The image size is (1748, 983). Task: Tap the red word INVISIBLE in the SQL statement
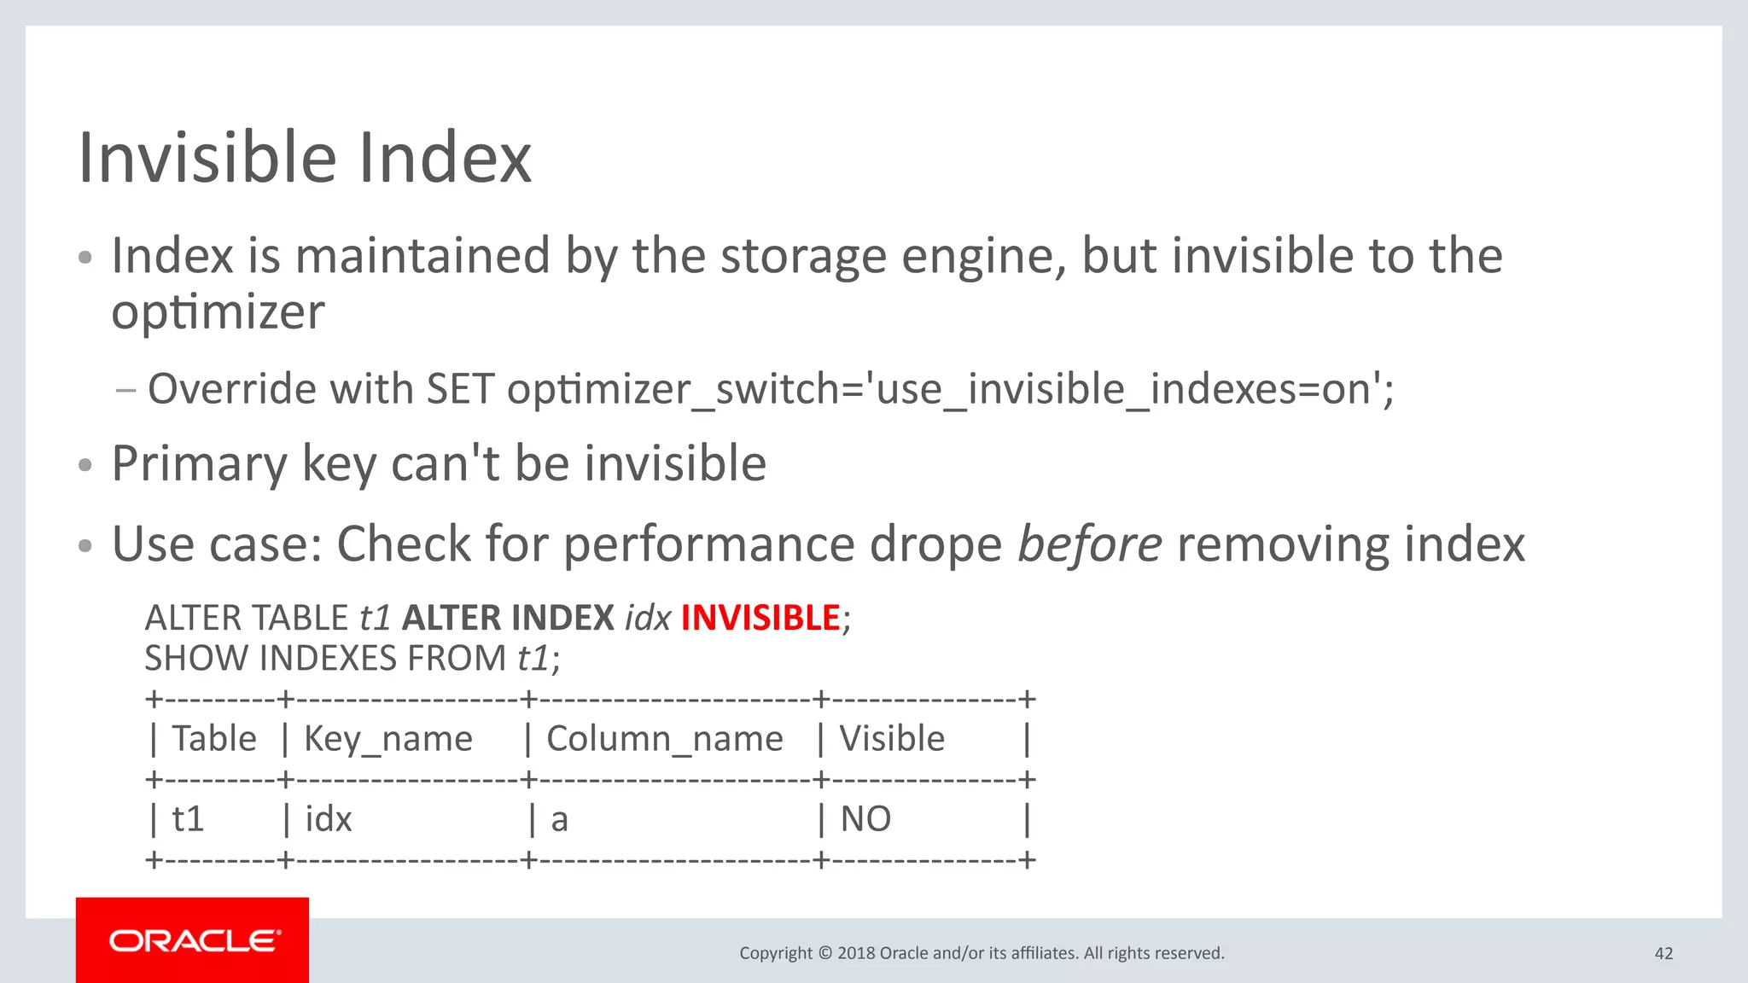pos(760,618)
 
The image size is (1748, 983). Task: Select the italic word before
pos(1089,544)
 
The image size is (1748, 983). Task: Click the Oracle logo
pos(193,940)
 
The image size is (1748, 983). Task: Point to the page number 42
pos(1664,953)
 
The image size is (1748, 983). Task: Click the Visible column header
pos(892,739)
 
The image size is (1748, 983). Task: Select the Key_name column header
pos(388,739)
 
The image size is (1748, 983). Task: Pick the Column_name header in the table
pos(664,739)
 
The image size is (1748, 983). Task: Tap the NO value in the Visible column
pos(865,819)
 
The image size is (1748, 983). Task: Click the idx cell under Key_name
pos(329,819)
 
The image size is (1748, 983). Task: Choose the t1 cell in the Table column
pos(188,819)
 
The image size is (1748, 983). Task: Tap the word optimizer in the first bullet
pos(218,312)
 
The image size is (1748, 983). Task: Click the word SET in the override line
pos(460,390)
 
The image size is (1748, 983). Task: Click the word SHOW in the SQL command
pos(196,659)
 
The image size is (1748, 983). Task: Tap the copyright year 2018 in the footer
pos(856,953)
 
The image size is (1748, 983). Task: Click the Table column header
pos(213,739)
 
